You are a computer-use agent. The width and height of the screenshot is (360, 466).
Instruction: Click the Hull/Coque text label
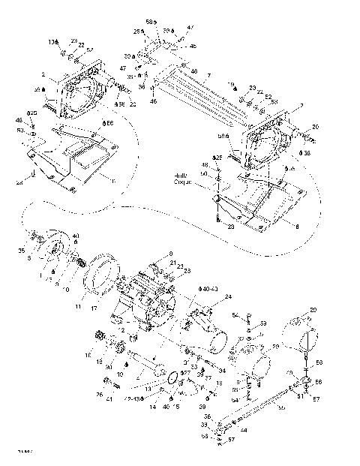coord(184,178)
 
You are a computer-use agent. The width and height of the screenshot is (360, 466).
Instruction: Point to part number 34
coord(222,370)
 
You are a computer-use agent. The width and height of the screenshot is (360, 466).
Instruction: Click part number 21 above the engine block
coord(172,264)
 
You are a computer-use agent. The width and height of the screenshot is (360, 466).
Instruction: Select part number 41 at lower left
coord(110,398)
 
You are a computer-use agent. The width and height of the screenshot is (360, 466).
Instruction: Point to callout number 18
coord(88,353)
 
